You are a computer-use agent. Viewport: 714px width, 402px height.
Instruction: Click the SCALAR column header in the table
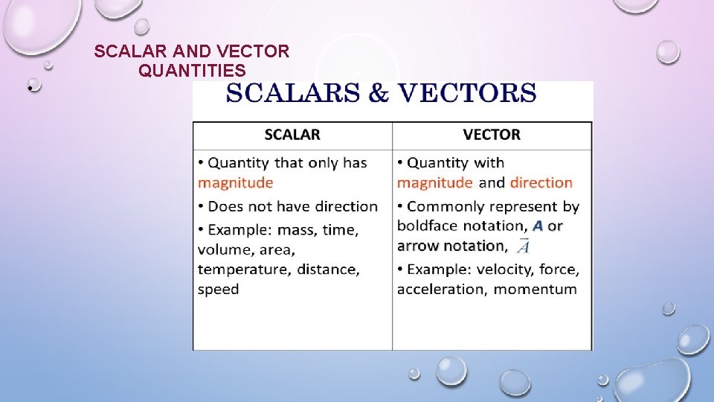(292, 135)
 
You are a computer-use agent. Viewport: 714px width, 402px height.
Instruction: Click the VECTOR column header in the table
(492, 135)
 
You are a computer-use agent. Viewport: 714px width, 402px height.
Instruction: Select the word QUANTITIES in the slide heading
(192, 71)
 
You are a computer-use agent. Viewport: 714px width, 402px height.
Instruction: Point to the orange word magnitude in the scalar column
(235, 182)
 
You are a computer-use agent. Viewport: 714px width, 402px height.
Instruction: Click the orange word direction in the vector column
(541, 182)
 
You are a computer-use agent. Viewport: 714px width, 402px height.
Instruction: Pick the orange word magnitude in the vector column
(434, 182)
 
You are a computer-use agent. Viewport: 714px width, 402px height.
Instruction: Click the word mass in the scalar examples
(295, 230)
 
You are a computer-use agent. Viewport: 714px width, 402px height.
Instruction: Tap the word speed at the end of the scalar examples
(218, 289)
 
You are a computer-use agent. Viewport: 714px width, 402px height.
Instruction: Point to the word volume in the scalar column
(225, 249)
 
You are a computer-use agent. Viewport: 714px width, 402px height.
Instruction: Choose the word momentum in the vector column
(535, 289)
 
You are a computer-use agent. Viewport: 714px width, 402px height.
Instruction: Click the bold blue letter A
(538, 226)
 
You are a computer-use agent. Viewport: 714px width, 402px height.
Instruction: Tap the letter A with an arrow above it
(523, 246)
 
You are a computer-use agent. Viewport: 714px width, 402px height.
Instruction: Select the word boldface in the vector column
(429, 226)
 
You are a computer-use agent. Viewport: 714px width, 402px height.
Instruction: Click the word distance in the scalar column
(328, 269)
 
